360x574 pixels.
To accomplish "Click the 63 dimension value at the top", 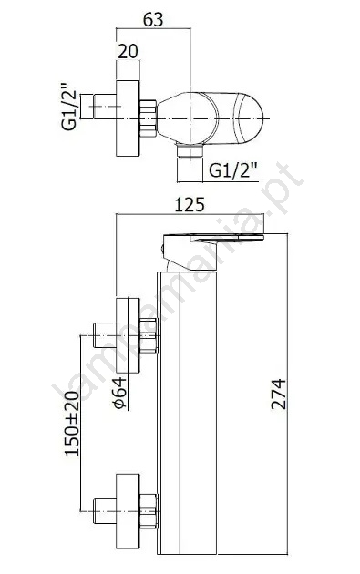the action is pos(153,19).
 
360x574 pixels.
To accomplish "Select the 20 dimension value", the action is pos(129,51).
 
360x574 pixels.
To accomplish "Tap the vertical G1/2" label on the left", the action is pos(69,107).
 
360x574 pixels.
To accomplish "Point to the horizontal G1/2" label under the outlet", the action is pos(233,169).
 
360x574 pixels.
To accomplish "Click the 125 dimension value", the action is pos(190,205).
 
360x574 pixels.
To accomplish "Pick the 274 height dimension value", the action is pos(279,394).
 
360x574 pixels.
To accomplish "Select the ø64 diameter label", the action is pos(120,393).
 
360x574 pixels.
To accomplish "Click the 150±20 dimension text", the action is pos(72,423).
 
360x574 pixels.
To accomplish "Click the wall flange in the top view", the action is pos(128,118).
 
